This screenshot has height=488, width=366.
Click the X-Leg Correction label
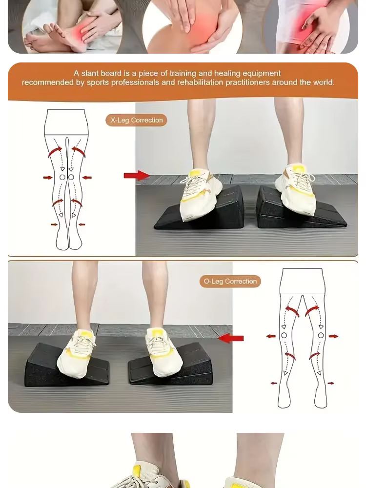(136, 120)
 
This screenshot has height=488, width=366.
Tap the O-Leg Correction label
(230, 282)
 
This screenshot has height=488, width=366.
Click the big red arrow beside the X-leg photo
(136, 176)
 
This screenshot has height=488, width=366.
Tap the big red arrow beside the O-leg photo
(231, 338)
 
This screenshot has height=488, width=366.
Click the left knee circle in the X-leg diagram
(62, 178)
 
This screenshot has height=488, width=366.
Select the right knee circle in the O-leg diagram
(321, 335)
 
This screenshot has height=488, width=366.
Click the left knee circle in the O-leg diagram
(284, 335)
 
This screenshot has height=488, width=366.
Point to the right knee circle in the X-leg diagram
(71, 178)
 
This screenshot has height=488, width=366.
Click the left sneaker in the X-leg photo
(199, 195)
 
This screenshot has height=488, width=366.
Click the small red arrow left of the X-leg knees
(48, 178)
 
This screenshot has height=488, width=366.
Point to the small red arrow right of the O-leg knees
(333, 336)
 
